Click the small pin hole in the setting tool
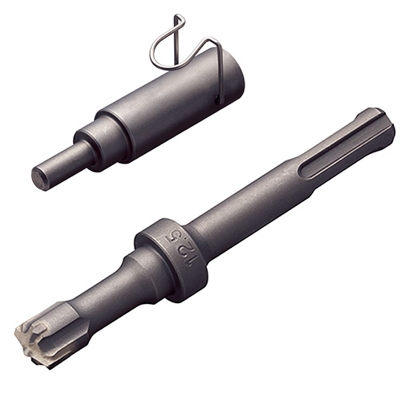[x=218, y=100]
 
